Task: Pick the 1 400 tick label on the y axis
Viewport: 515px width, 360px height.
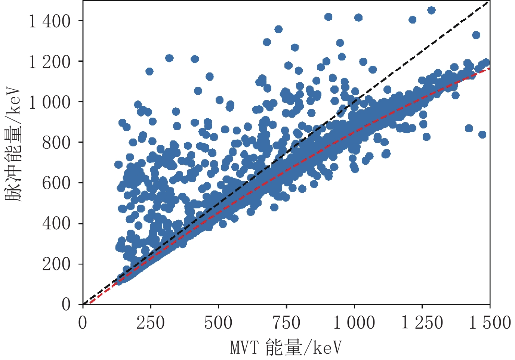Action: tap(50, 21)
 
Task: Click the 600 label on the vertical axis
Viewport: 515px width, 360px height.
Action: tap(56, 183)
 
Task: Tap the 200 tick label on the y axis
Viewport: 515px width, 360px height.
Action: tap(56, 264)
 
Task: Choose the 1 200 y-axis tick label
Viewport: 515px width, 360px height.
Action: tap(50, 62)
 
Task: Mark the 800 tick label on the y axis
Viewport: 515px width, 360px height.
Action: tap(56, 143)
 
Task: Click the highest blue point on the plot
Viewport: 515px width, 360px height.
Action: tap(431, 10)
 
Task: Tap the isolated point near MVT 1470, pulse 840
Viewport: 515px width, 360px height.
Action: tap(482, 134)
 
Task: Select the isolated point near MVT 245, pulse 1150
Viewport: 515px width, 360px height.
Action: tap(149, 71)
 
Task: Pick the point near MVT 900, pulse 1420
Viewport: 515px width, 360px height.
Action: tap(329, 17)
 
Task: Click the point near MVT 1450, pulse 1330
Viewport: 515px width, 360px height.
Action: tap(476, 35)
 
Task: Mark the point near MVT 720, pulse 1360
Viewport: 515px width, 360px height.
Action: tap(278, 30)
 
